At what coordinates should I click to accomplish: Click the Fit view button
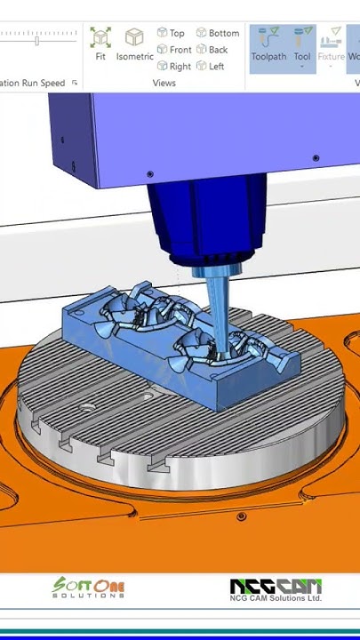(x=100, y=44)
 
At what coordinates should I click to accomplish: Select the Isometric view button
(x=134, y=44)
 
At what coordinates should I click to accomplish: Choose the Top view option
(x=171, y=33)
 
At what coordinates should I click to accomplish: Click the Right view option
(x=173, y=66)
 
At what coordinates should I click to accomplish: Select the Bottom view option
(x=218, y=33)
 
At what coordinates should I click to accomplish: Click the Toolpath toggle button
(x=268, y=44)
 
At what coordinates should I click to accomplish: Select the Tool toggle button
(x=303, y=44)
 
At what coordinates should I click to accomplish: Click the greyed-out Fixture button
(x=332, y=44)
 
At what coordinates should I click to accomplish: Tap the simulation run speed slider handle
(x=36, y=40)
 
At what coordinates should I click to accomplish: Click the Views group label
(x=164, y=83)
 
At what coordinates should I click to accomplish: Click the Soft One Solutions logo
(x=88, y=588)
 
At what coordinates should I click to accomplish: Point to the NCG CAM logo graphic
(x=276, y=587)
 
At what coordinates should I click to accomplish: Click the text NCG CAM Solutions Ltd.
(x=276, y=599)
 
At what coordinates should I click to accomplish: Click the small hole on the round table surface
(x=88, y=406)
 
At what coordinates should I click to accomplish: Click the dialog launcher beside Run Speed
(x=75, y=83)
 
